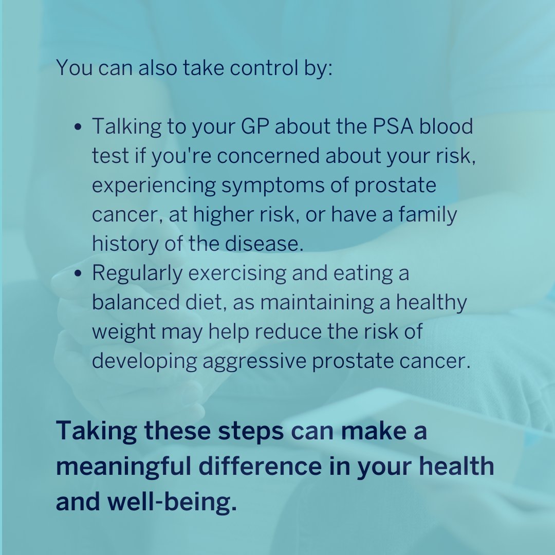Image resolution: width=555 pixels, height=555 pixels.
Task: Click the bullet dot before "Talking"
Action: point(79,127)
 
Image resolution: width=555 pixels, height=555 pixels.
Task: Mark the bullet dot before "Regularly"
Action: point(79,273)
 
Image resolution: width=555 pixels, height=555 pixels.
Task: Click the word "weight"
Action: point(123,332)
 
